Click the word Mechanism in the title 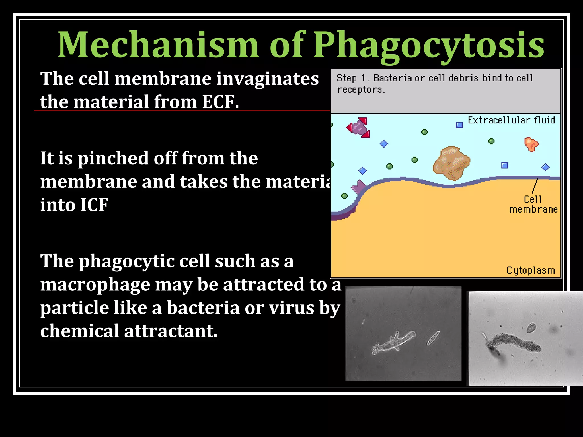tap(158, 46)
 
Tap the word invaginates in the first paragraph tap(267, 79)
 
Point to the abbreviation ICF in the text tap(94, 205)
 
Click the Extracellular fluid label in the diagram tap(511, 120)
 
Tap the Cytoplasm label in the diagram tap(531, 270)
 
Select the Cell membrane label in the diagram tap(533, 204)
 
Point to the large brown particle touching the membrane tap(451, 163)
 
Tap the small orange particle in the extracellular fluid tap(531, 144)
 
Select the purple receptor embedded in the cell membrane tap(359, 187)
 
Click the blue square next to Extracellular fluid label tap(459, 125)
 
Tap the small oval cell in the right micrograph tap(531, 328)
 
